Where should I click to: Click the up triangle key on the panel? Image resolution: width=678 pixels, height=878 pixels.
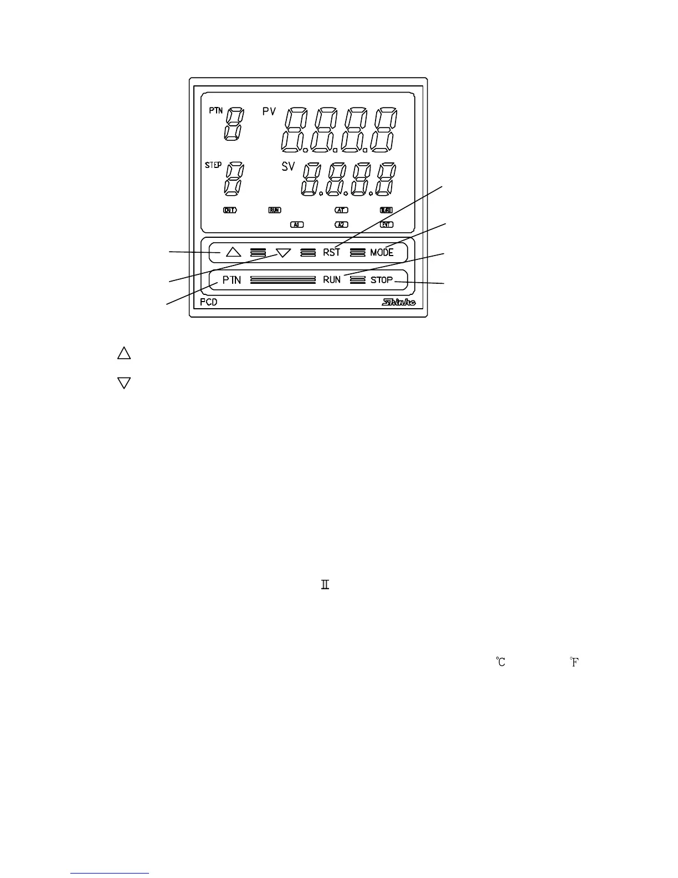coord(233,252)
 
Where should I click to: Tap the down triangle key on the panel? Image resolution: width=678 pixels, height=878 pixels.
coord(283,253)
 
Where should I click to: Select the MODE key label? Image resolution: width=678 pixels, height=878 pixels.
coord(382,252)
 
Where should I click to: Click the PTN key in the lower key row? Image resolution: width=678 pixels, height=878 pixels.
coord(232,280)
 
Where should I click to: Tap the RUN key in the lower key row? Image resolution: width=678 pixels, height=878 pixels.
coord(332,280)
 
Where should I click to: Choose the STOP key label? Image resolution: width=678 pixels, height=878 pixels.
coord(382,280)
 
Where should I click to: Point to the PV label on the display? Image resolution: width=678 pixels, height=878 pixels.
coord(269,112)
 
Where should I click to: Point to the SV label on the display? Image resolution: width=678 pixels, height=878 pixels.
coord(288,166)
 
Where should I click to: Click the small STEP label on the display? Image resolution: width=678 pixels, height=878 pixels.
coord(213,165)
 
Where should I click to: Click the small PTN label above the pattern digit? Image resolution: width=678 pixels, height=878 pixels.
coord(215,110)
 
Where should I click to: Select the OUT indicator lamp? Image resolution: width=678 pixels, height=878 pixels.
coord(229,210)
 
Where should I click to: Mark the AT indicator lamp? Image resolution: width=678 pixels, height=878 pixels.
coord(342,210)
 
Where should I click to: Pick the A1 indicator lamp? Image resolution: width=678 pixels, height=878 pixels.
coord(297,224)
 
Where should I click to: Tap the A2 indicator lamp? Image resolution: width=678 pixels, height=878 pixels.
coord(342,224)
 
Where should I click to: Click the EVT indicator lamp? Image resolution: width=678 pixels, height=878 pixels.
coord(387,224)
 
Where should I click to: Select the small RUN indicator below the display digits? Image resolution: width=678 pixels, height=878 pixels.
coord(275,210)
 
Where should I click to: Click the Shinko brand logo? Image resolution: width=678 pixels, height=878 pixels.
coord(399,303)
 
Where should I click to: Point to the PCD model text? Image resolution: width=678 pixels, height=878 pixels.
coord(209,303)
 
